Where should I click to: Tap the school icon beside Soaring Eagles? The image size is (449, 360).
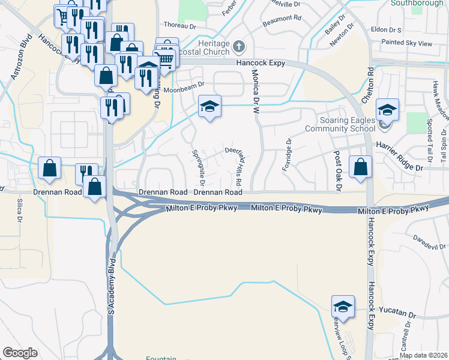coord(388,110)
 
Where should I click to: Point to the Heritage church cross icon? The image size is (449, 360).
coord(238,46)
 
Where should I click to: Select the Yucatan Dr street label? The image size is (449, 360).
coord(397,314)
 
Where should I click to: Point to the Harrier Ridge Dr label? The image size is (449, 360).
coord(399,166)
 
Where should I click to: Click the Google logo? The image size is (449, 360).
coord(20,353)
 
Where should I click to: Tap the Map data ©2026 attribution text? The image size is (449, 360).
coord(423,355)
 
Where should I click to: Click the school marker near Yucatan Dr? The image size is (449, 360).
coord(342,307)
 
